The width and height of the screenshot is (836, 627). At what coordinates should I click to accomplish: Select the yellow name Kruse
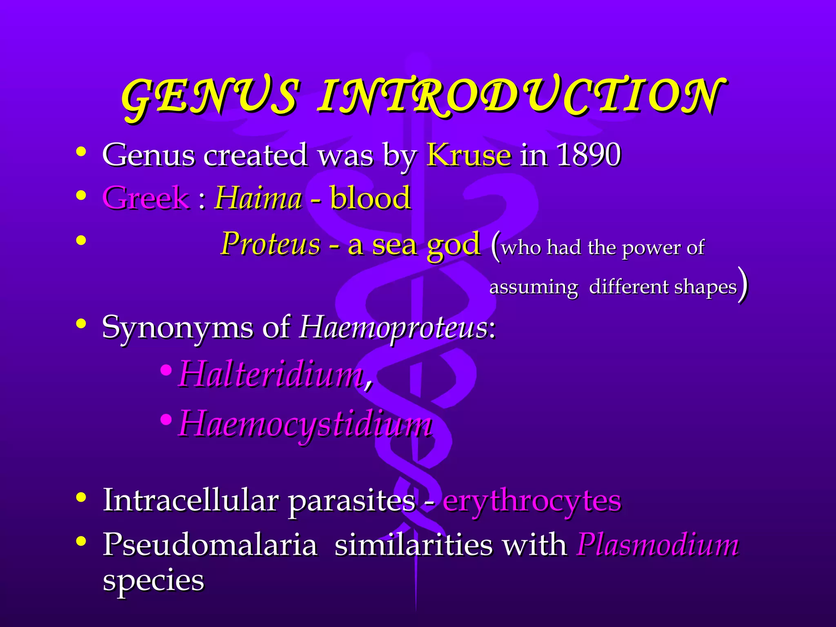point(469,155)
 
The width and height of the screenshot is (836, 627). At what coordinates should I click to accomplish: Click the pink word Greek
point(146,198)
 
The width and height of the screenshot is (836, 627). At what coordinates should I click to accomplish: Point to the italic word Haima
point(258,198)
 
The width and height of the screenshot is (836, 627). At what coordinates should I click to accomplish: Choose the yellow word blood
point(370,198)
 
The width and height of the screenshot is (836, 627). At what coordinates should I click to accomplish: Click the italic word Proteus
point(271,244)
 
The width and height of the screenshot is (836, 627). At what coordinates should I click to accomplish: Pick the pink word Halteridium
point(271,374)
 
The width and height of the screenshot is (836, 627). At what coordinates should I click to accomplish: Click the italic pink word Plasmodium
point(657,545)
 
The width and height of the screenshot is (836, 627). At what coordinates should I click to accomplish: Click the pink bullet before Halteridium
point(166,371)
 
